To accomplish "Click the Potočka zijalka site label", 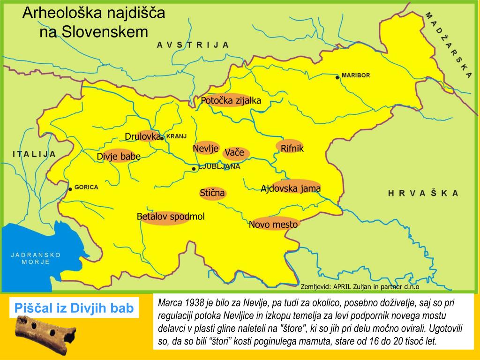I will (x=231, y=101).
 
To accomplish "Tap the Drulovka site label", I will (x=143, y=136).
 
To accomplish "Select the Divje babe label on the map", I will (x=119, y=157).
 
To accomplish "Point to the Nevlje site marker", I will (x=206, y=148).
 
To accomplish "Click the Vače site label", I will (x=234, y=153).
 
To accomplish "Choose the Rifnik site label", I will (x=292, y=149).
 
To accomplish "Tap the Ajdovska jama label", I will (x=291, y=188).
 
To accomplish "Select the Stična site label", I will (x=212, y=193).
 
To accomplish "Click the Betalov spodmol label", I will (x=171, y=217).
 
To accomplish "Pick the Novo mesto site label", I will (x=273, y=225).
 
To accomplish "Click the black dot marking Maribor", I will (x=337, y=77).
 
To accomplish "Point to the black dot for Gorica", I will (x=70, y=189).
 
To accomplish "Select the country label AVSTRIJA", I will (x=193, y=45).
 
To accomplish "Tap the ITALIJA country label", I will (x=34, y=154).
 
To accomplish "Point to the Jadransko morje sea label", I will (x=36, y=258).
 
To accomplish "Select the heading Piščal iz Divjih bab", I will (x=75, y=308).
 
